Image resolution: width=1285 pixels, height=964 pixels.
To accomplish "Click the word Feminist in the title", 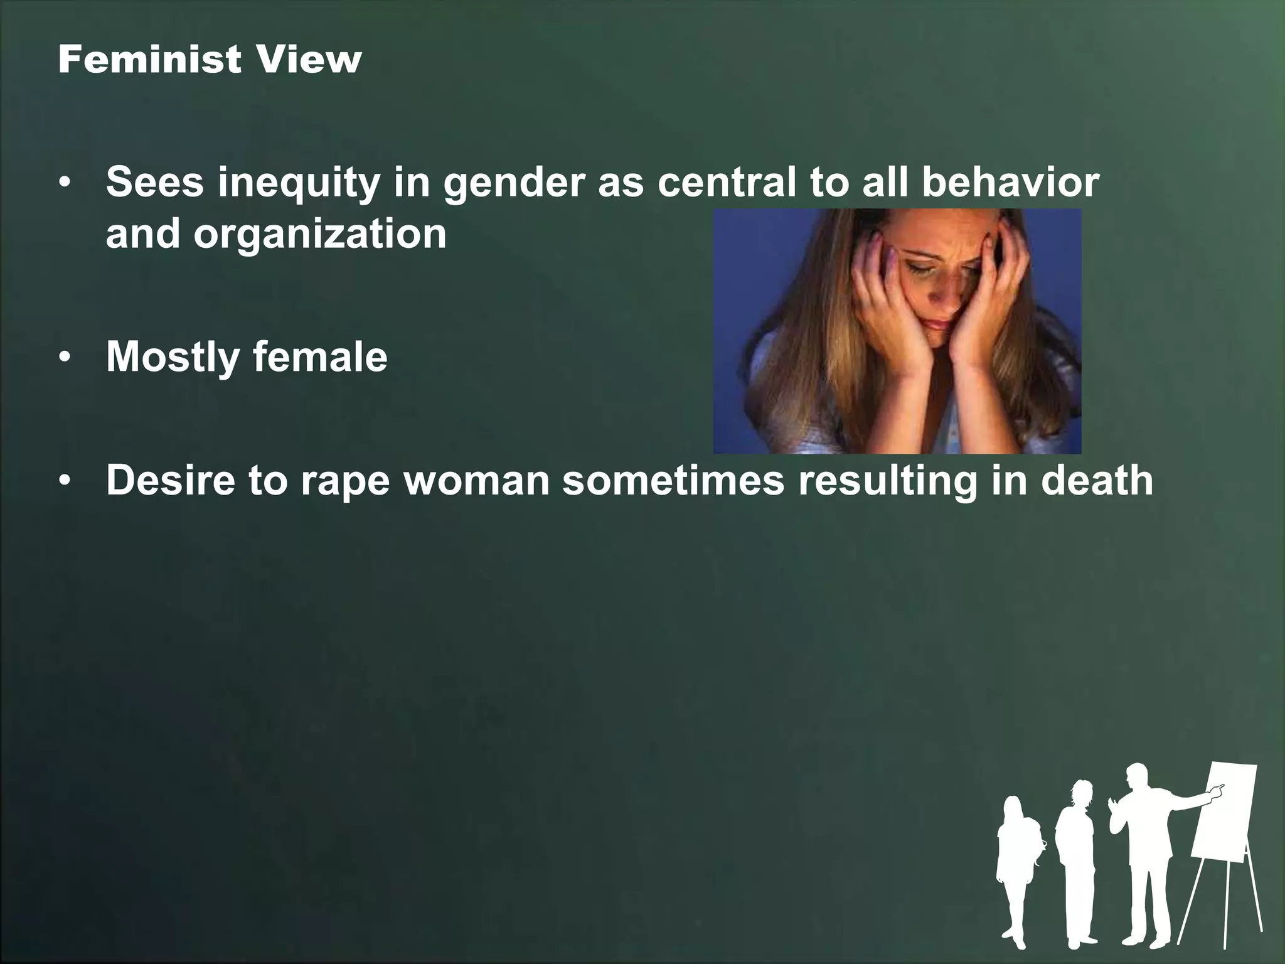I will (149, 60).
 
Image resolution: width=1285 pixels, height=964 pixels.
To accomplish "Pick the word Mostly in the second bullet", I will (173, 356).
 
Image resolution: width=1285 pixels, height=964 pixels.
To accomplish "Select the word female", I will (320, 356).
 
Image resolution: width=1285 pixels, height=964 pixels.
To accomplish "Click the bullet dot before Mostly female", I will (65, 358).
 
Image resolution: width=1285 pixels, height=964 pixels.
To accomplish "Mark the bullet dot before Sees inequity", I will (65, 184).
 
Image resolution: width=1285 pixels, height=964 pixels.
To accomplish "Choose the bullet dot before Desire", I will (65, 481).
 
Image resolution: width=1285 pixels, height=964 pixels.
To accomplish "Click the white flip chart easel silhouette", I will (1224, 828).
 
